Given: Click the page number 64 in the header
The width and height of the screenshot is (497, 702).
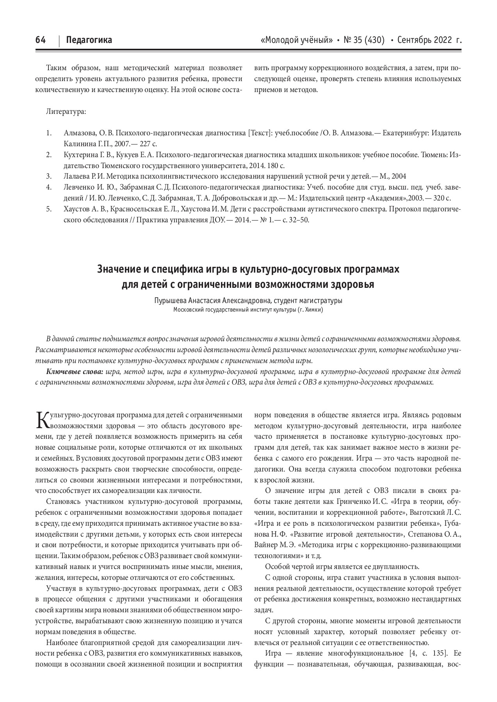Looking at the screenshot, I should (x=41, y=40).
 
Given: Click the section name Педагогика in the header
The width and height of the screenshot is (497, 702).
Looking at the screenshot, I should (x=89, y=40).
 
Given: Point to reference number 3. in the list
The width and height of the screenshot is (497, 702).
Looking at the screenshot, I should (x=49, y=176).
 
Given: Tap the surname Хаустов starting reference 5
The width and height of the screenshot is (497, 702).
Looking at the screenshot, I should (x=77, y=209).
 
